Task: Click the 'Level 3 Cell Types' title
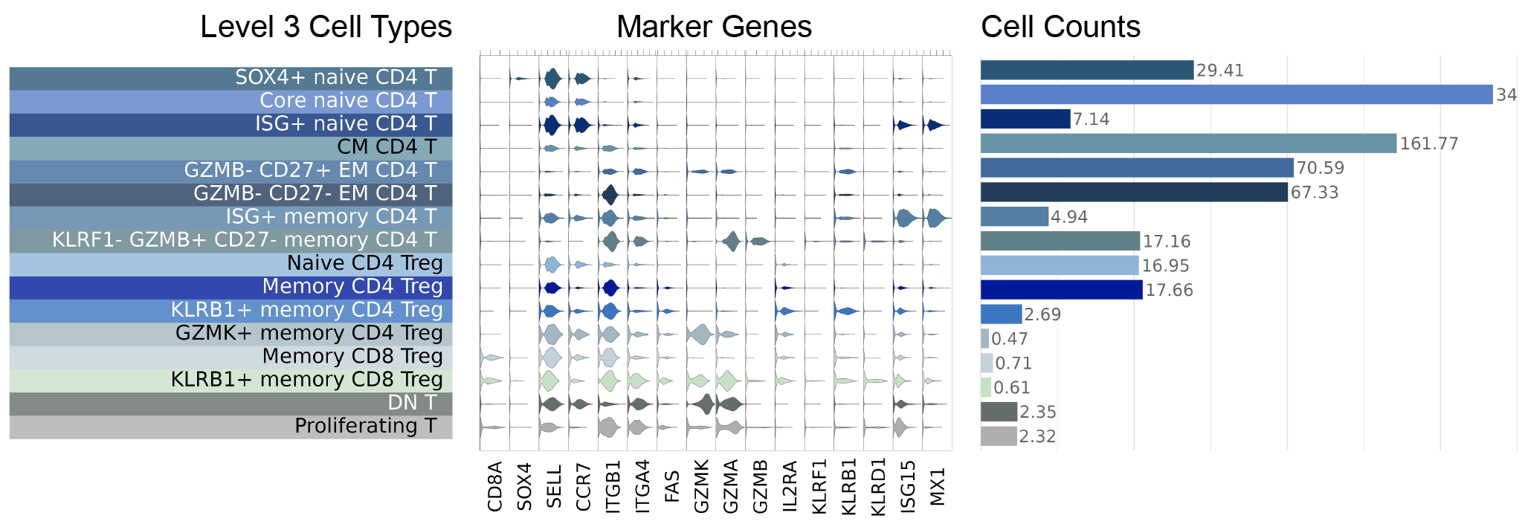326,28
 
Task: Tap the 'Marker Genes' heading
714,28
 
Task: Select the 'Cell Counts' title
1060,28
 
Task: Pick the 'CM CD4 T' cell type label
387,147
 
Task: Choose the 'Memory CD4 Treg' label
352,287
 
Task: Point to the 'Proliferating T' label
366,426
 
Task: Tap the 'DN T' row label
412,403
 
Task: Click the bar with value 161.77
1188,143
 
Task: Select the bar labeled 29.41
1087,70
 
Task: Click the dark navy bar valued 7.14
1025,119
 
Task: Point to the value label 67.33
1315,193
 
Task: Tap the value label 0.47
1010,339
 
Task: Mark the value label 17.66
1169,290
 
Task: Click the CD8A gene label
495,487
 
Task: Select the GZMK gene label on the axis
701,487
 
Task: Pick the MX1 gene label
938,487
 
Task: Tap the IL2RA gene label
790,487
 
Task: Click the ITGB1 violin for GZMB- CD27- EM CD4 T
610,195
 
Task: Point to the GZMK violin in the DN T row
703,404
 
